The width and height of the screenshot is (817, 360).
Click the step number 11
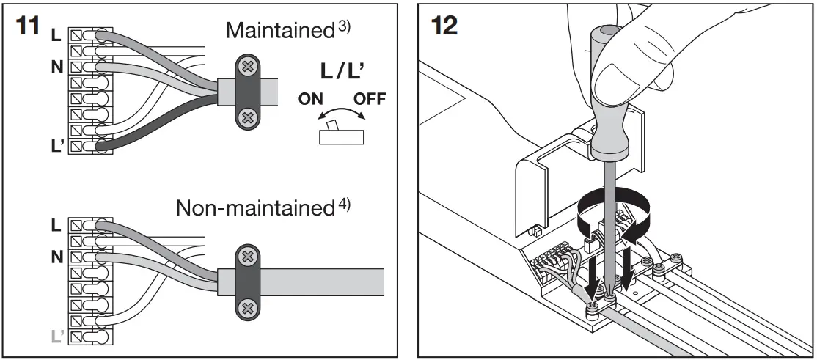28,26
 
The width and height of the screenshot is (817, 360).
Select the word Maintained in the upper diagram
280,31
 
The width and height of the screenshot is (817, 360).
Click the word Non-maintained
254,208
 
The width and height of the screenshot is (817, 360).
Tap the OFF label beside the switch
369,99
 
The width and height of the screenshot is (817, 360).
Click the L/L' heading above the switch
342,72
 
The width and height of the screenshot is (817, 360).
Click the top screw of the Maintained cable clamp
248,67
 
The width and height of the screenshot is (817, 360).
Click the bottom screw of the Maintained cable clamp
248,116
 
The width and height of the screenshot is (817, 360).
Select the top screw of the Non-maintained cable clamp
248,257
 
